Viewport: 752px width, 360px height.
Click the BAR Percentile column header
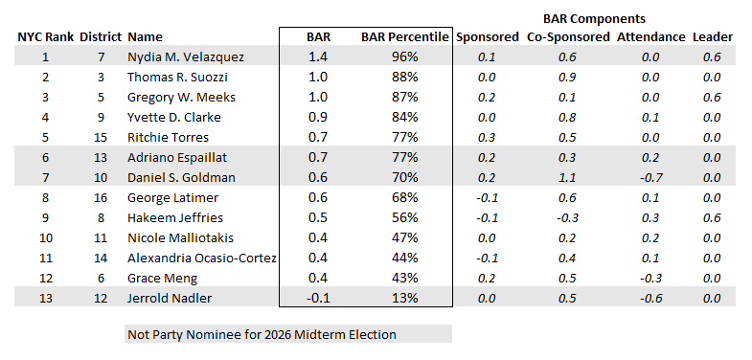[405, 37]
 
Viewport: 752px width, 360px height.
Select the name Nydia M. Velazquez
[186, 57]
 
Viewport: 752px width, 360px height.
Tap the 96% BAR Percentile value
[405, 57]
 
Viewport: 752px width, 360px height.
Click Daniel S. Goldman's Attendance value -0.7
[649, 178]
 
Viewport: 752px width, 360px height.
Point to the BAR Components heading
[594, 19]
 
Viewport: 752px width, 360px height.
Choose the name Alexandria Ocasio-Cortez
[201, 259]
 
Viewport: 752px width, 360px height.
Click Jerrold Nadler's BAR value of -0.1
[318, 298]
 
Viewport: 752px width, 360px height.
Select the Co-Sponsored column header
[568, 37]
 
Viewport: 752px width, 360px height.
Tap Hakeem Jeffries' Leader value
[711, 218]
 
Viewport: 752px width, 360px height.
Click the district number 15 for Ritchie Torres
[101, 138]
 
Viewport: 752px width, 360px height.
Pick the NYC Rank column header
[46, 37]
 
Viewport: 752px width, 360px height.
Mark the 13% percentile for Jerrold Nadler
[405, 298]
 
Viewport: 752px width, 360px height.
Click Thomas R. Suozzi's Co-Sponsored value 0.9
[568, 78]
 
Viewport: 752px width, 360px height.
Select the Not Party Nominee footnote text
[262, 334]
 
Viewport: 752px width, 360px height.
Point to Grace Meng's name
[162, 279]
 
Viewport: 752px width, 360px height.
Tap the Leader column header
[712, 37]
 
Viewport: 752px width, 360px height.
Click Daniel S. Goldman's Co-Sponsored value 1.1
[568, 178]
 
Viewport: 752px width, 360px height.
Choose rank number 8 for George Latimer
[45, 198]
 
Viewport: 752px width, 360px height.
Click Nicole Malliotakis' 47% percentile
[405, 238]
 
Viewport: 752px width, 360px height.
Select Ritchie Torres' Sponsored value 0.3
[487, 138]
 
